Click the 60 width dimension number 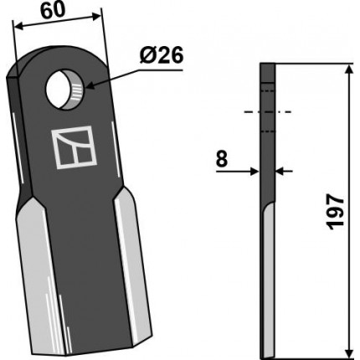pos(52,11)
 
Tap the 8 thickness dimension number pos(222,159)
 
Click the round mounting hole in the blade pos(64,90)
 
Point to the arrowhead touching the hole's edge pos(90,85)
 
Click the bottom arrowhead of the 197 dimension pos(348,349)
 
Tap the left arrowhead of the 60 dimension pos(19,27)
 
